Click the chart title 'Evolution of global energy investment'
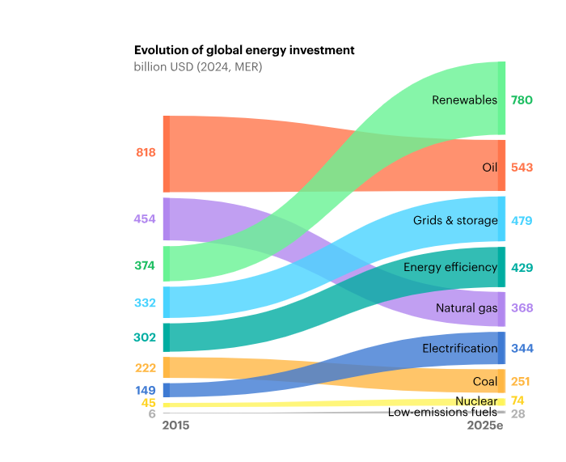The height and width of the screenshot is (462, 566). pos(244,50)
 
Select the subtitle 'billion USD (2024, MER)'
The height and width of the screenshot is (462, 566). pos(198,66)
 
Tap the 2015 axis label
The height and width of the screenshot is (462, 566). pos(176,425)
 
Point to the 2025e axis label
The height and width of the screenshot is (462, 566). pos(485,425)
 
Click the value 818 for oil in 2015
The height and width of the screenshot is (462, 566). pos(146,152)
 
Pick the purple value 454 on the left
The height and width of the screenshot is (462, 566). pos(146,218)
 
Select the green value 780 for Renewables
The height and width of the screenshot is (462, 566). pos(522,100)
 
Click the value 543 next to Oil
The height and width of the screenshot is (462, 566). pos(522,167)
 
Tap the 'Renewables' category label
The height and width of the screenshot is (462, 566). pos(464,100)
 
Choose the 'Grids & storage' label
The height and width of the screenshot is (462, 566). pos(455,220)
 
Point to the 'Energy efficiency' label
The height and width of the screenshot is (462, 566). pos(450,267)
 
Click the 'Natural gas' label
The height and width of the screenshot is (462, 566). pos(467,308)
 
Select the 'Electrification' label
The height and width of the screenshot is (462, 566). pos(460,348)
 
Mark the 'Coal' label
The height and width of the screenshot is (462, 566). pos(485,381)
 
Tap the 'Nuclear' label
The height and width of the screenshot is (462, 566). pos(476,401)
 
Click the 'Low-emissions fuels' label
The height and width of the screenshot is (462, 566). pos(442,413)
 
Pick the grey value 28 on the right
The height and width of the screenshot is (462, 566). pos(517,413)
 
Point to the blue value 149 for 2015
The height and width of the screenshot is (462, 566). pos(146,390)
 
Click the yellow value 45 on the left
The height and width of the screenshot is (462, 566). pos(149,403)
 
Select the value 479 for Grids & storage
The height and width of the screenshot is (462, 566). pos(522,220)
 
